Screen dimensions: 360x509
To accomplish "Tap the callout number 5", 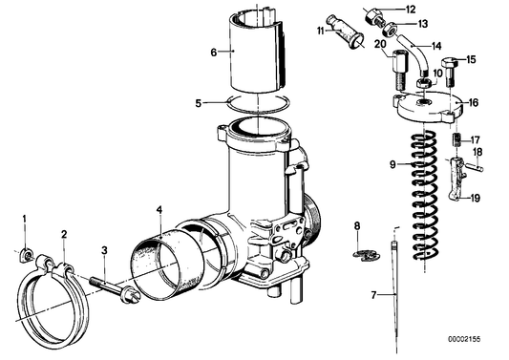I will pyautogui.click(x=198, y=101).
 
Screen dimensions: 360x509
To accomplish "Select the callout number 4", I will pyautogui.click(x=160, y=210).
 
